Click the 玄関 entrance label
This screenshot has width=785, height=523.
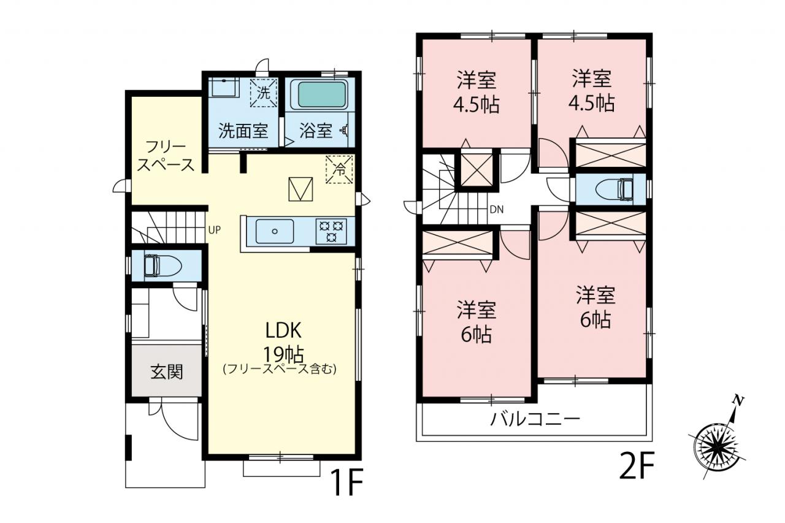pyautogui.click(x=167, y=372)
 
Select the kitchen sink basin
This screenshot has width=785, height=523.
pyautogui.click(x=275, y=231)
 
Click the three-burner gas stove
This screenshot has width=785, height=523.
pyautogui.click(x=331, y=231)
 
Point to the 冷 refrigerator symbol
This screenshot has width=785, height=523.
pyautogui.click(x=339, y=170)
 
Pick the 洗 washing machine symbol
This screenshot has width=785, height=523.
pyautogui.click(x=264, y=93)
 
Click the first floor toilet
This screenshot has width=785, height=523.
pyautogui.click(x=163, y=265)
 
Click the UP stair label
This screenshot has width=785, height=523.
pyautogui.click(x=215, y=230)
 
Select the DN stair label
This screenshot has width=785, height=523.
pyautogui.click(x=497, y=210)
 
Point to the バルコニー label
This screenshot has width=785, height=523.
pyautogui.click(x=535, y=419)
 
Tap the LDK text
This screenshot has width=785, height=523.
pyautogui.click(x=283, y=330)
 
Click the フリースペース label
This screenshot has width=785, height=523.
pyautogui.click(x=166, y=156)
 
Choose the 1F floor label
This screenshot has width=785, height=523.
pyautogui.click(x=347, y=483)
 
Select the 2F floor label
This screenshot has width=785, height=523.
pyautogui.click(x=637, y=465)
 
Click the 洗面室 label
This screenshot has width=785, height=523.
pyautogui.click(x=243, y=131)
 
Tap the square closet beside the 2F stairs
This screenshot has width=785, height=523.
pyautogui.click(x=477, y=170)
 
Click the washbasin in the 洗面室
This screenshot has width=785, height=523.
pyautogui.click(x=224, y=87)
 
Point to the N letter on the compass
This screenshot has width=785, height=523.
pyautogui.click(x=738, y=401)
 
